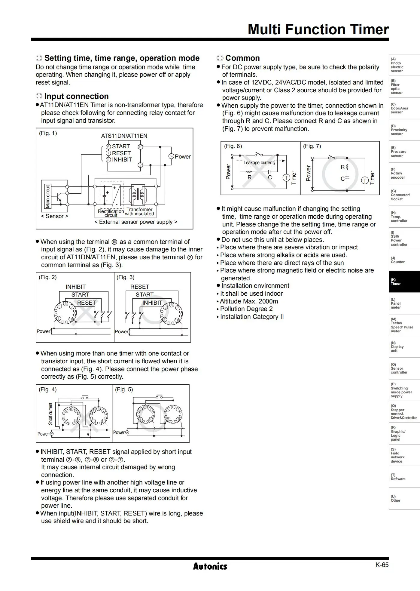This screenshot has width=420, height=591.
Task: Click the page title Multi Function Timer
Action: pyautogui.click(x=318, y=29)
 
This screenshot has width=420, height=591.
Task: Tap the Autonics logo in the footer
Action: pyautogui.click(x=210, y=566)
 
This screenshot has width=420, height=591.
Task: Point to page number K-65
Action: pyautogui.click(x=382, y=565)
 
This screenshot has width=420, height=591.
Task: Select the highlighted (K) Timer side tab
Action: pyautogui.click(x=404, y=282)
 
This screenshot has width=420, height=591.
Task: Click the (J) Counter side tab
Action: pyautogui.click(x=404, y=260)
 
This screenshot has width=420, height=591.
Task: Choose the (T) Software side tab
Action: pyautogui.click(x=404, y=477)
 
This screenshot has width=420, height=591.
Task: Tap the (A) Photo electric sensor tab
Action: pyautogui.click(x=404, y=65)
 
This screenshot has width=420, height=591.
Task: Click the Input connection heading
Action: pyautogui.click(x=77, y=96)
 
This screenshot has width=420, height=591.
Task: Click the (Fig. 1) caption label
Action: pyautogui.click(x=48, y=133)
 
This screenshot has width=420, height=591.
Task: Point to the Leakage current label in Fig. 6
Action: pyautogui.click(x=259, y=163)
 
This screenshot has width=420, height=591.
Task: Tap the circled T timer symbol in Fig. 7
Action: pyautogui.click(x=365, y=180)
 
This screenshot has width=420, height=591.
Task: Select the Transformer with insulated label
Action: pyautogui.click(x=139, y=212)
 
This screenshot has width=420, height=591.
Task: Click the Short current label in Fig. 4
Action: pyautogui.click(x=50, y=414)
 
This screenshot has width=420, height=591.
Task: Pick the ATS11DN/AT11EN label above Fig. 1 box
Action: pyautogui.click(x=124, y=136)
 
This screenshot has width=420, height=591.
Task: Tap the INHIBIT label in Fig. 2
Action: pyautogui.click(x=76, y=287)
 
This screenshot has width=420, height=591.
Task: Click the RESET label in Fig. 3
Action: pyautogui.click(x=140, y=287)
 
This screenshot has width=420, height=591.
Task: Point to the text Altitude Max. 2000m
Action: pyautogui.click(x=249, y=301)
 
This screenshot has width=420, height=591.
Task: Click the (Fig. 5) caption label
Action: pyautogui.click(x=124, y=389)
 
